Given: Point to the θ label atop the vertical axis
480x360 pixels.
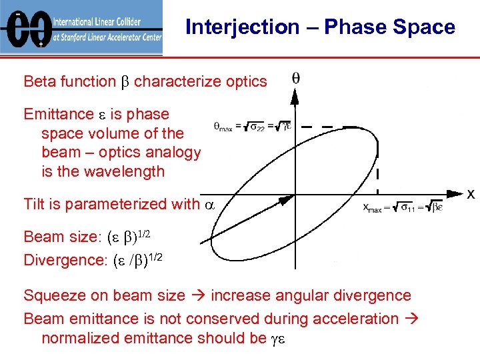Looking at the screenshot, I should pos(295,79).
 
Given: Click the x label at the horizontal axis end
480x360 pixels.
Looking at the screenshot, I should pos(471,194).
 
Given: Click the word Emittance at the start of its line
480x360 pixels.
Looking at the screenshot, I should pos(59,115).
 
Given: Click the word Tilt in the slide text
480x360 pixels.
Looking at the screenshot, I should pos(35,204).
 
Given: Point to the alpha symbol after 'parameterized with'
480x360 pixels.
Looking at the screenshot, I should pos(209,205).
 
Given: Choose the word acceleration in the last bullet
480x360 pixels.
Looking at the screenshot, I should pos(353,319).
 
